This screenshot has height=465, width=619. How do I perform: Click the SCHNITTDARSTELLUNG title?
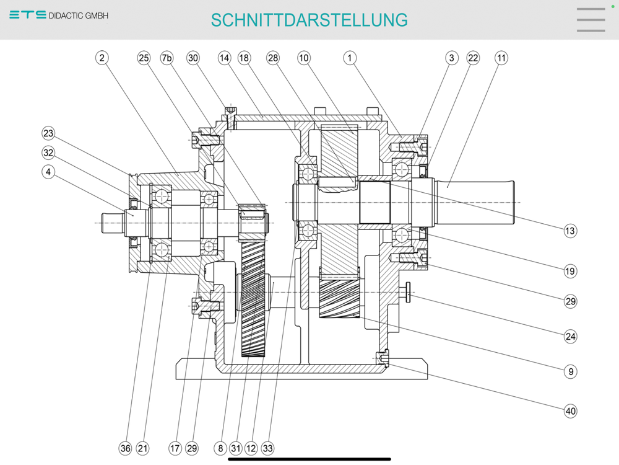click(309, 20)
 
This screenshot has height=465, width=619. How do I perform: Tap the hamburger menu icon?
click(591, 20)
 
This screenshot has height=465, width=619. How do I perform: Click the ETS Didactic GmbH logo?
click(59, 15)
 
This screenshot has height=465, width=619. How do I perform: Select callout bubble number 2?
click(102, 58)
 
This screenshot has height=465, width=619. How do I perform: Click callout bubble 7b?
click(167, 58)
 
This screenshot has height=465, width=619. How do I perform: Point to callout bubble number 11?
click(501, 58)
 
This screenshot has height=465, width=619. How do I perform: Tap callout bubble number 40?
click(570, 411)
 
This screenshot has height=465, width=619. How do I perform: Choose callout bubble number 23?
click(48, 133)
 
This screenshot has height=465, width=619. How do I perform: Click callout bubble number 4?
click(48, 172)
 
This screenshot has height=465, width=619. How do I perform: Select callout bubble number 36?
click(126, 448)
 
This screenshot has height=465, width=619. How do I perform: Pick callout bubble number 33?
click(267, 448)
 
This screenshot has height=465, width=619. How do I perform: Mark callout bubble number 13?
click(570, 231)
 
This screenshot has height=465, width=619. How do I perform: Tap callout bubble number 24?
click(570, 337)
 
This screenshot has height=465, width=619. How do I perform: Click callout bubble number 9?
click(570, 372)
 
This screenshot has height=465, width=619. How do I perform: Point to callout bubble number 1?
click(350, 58)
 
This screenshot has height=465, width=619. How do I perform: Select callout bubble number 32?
click(48, 153)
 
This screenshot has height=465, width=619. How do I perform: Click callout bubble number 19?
click(570, 270)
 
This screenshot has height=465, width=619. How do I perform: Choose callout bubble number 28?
click(273, 58)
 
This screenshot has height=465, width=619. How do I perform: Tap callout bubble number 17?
click(175, 448)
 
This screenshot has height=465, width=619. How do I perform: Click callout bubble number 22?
click(473, 58)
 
